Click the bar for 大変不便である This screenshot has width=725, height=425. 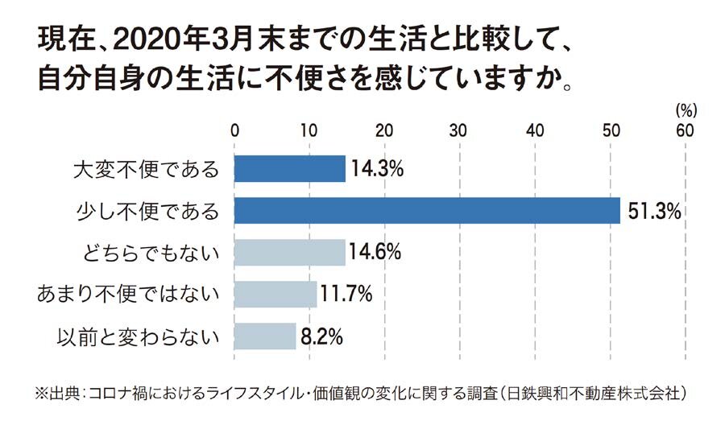pos(289,169)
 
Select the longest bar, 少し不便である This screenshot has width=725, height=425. pos(427,211)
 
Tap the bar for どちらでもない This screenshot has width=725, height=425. pos(289,253)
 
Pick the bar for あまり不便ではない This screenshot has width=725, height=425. pos(275,294)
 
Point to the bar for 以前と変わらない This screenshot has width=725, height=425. pos(264,336)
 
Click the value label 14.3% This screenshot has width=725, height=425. pos(376,170)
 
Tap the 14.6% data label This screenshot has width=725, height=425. pos(376,253)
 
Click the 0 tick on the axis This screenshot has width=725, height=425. pos(234,130)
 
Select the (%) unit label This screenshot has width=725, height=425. pos(685,109)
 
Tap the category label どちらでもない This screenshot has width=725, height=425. pos(151,254)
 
